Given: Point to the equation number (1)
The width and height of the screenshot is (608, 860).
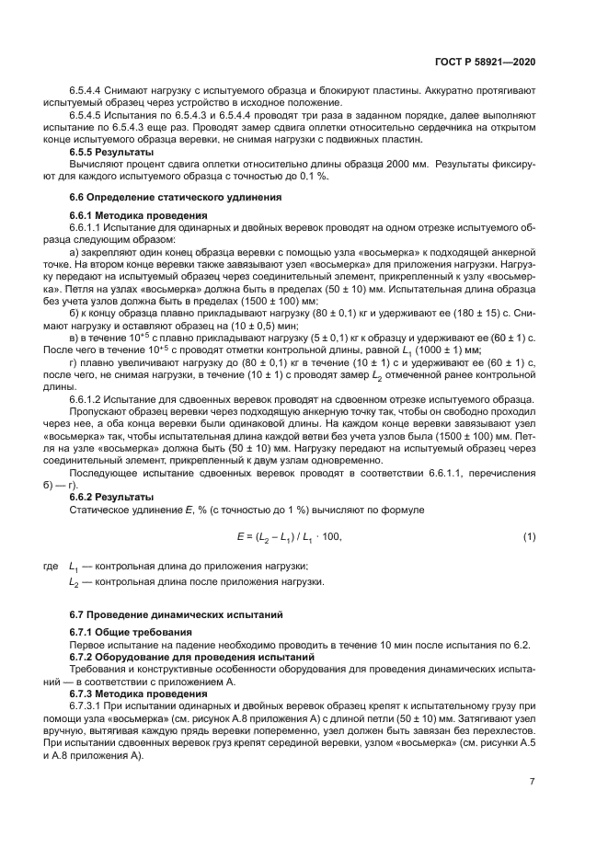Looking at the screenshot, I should pyautogui.click(x=529, y=536).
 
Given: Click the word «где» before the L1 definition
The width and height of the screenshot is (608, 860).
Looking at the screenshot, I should pyautogui.click(x=52, y=567).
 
